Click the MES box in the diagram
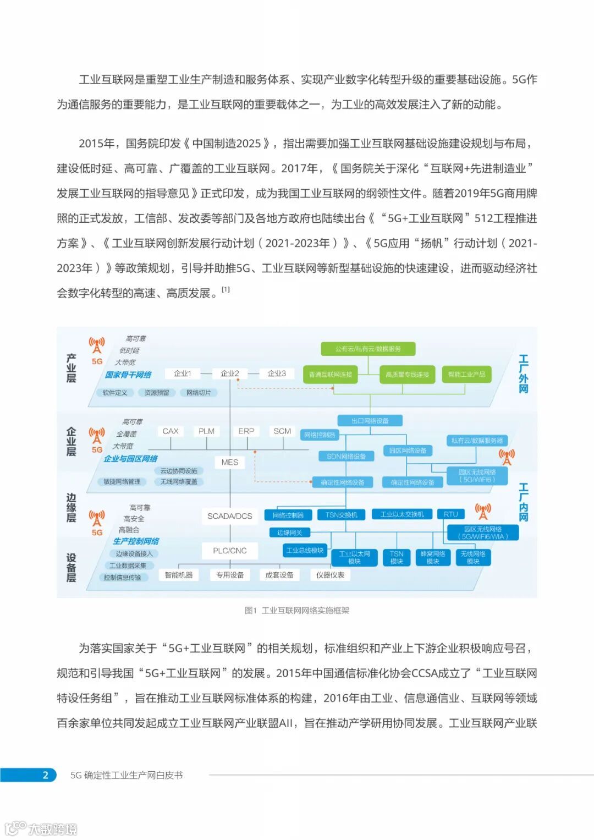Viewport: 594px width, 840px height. click(x=230, y=462)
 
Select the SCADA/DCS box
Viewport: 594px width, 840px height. click(x=230, y=516)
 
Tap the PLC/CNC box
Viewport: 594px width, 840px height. click(x=230, y=551)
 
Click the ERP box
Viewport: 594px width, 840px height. click(x=246, y=431)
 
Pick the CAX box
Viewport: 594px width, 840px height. click(x=170, y=431)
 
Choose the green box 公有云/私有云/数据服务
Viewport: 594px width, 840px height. click(x=368, y=349)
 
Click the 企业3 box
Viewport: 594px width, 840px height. click(x=277, y=374)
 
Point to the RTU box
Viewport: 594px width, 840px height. click(x=451, y=514)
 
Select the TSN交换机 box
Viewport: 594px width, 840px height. click(x=341, y=515)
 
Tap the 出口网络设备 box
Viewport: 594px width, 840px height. click(x=370, y=421)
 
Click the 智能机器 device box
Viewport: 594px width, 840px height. click(x=179, y=575)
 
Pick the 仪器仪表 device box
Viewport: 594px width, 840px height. click(x=330, y=575)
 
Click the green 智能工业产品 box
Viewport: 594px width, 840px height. click(x=466, y=375)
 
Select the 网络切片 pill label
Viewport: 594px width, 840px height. click(x=199, y=393)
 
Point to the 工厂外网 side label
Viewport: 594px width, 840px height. click(x=523, y=374)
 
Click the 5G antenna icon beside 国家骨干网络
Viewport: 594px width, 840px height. click(x=97, y=346)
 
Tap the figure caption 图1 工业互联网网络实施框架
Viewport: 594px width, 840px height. click(x=297, y=610)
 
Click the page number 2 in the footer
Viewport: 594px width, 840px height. click(x=46, y=775)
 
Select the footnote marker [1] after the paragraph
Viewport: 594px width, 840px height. click(x=226, y=289)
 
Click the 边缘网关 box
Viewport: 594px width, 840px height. click(x=290, y=532)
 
